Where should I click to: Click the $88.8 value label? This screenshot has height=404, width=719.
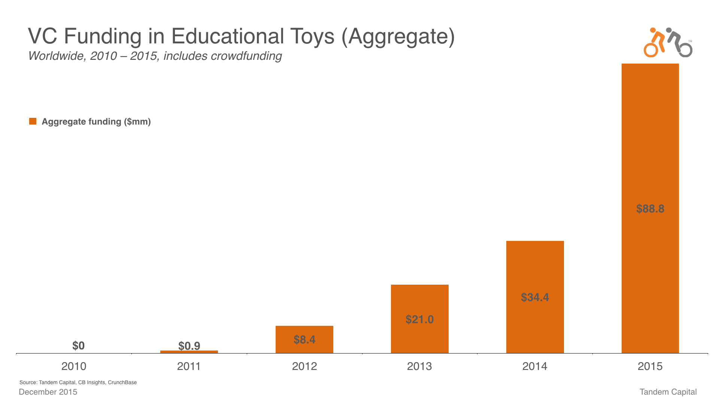tap(650, 209)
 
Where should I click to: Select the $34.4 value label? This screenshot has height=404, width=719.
tap(535, 297)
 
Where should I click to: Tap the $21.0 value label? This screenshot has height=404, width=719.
tap(419, 319)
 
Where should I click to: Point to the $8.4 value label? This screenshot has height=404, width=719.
tap(304, 340)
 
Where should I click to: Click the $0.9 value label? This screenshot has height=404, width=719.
tap(189, 346)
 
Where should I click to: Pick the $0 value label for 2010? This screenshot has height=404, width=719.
tap(78, 346)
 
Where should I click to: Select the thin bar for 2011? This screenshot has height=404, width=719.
tap(189, 352)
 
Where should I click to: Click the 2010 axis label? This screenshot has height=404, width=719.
tap(74, 366)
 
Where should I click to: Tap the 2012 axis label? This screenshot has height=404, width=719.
tap(304, 366)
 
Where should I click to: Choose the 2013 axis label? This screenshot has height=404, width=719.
tap(419, 366)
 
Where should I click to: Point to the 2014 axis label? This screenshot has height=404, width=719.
tap(535, 366)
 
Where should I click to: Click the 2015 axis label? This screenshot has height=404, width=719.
tap(650, 366)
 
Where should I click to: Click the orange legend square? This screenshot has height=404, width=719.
tap(33, 121)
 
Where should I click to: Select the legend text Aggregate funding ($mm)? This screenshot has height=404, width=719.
tap(96, 122)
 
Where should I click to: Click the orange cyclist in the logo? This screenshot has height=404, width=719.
tap(653, 43)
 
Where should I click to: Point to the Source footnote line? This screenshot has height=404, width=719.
tap(78, 382)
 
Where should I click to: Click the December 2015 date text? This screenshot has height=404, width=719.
tap(48, 392)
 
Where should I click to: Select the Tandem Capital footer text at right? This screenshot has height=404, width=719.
tap(668, 392)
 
